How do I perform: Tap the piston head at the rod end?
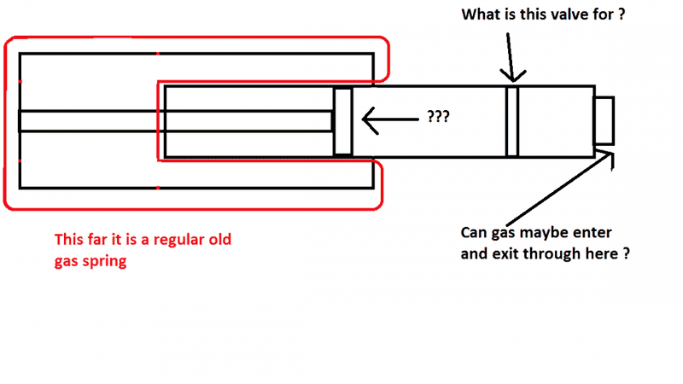click(x=342, y=121)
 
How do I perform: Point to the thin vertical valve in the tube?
click(x=512, y=121)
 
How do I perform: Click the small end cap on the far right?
click(x=604, y=121)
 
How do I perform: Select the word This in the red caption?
click(x=70, y=241)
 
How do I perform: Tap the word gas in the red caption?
click(x=67, y=262)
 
